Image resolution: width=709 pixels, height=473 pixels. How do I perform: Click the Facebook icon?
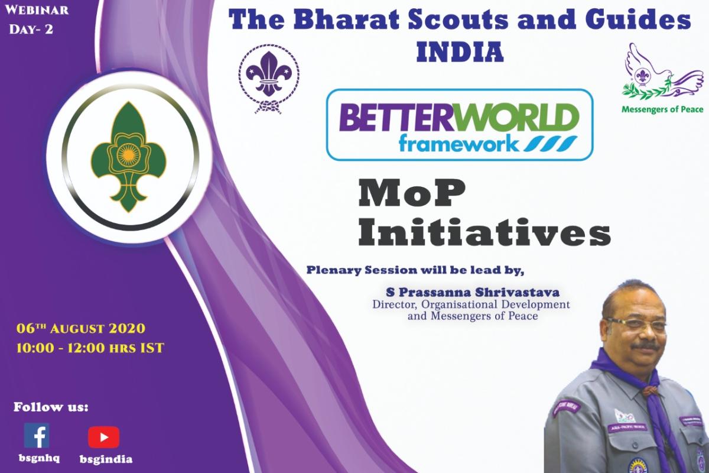[37, 436]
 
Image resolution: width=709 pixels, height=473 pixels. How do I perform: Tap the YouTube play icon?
[104, 437]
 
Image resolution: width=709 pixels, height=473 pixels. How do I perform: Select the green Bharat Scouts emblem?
[123, 156]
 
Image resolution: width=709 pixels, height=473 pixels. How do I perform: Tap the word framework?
[459, 143]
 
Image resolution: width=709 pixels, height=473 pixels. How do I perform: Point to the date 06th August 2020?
[82, 329]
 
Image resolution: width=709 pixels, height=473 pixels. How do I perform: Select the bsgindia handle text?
[106, 459]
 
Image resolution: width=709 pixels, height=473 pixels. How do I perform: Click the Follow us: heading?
[51, 407]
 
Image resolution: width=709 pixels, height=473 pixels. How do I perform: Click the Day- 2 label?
[31, 28]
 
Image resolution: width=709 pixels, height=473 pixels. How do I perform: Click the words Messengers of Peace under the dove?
[662, 109]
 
